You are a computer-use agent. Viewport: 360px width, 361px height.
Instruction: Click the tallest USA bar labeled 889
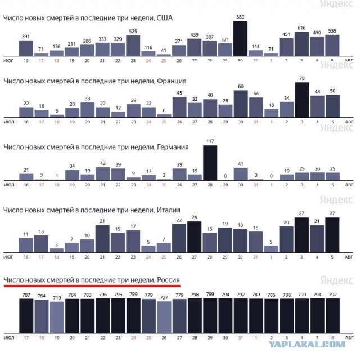pyautogui.click(x=240, y=38)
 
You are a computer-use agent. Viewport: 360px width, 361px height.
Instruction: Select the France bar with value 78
pyautogui.click(x=302, y=100)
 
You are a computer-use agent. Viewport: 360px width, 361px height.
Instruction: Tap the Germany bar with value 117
pyautogui.click(x=210, y=163)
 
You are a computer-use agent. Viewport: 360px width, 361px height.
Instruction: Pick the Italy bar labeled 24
pyautogui.click(x=194, y=237)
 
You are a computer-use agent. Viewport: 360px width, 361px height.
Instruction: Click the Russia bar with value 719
pyautogui.click(x=57, y=318)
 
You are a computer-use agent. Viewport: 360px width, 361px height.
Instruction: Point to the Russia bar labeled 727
pyautogui.click(x=164, y=317)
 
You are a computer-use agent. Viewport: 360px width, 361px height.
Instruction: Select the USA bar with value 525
pyautogui.click(x=133, y=46)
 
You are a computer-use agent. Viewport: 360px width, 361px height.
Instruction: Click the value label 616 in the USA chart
pyautogui.click(x=301, y=28)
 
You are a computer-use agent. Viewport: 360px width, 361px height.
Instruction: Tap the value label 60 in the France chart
pyautogui.click(x=241, y=87)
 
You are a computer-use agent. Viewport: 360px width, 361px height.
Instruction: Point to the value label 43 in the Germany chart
pyautogui.click(x=103, y=163)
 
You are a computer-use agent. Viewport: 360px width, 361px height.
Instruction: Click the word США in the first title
pyautogui.click(x=164, y=18)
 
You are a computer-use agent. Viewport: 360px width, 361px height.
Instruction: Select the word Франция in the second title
pyautogui.click(x=172, y=81)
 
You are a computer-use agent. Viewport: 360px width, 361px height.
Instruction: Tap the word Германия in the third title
pyautogui.click(x=173, y=147)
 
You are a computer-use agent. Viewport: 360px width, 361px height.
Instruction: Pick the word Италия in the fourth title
pyautogui.click(x=169, y=210)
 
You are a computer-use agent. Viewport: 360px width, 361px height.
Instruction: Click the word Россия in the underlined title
pyautogui.click(x=168, y=280)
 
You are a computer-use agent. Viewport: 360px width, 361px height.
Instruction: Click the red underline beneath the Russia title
pyautogui.click(x=92, y=286)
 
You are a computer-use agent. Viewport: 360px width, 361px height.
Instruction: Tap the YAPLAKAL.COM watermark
pyautogui.click(x=307, y=345)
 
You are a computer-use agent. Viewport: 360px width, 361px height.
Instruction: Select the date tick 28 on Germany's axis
pyautogui.click(x=210, y=185)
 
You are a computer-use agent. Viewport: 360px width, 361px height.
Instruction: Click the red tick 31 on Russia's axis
pyautogui.click(x=241, y=338)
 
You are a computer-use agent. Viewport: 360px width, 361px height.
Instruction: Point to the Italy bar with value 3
pyautogui.click(x=56, y=250)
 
